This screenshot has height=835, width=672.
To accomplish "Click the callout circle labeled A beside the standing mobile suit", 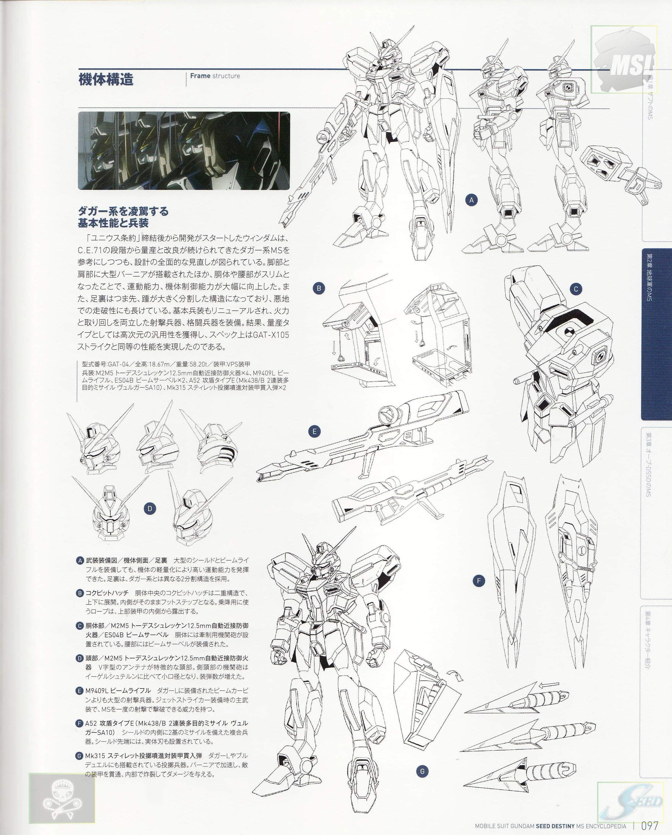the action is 472,200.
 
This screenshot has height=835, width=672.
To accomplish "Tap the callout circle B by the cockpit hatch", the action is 319,288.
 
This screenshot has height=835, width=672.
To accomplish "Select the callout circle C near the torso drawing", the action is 576,289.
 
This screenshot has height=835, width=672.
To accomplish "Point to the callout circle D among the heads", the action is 150,509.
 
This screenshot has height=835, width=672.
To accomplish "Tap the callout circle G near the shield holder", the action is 423,760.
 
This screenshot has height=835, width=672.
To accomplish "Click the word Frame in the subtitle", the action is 200,76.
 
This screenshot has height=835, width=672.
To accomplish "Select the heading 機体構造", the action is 106,79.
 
